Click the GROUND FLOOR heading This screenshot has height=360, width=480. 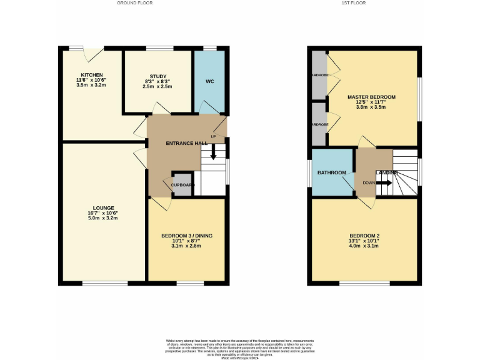point(134,3)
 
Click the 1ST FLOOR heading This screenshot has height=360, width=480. point(353,3)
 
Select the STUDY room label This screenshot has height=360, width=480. point(157,76)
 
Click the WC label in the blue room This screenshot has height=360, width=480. point(209,81)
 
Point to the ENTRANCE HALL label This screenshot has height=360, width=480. point(186,143)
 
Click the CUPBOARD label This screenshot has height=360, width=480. point(183,185)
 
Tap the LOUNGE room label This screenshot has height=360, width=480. point(104,207)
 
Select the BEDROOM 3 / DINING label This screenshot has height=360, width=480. point(187,236)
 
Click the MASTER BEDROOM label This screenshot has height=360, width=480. point(371,97)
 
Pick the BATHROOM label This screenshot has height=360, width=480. point(331,172)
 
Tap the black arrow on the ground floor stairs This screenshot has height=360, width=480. point(213,152)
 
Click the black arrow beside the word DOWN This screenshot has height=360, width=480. point(384,183)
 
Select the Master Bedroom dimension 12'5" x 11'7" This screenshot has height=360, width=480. point(371,102)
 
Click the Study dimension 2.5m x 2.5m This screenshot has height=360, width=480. point(157,86)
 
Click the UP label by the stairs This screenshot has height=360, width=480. point(213,137)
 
